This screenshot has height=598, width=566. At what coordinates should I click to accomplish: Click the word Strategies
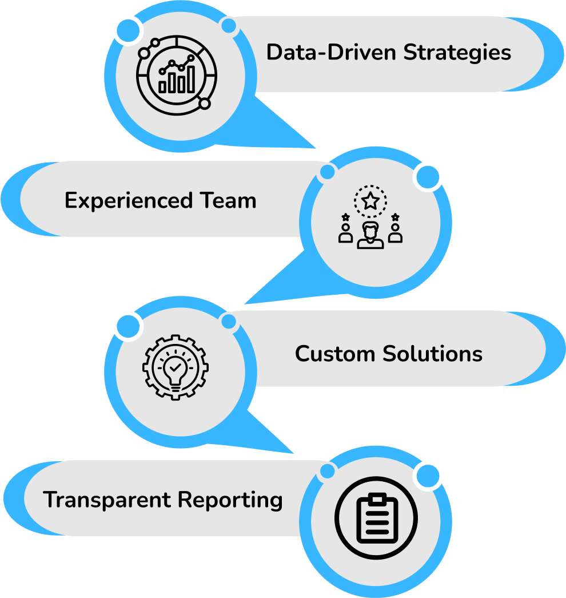tap(457, 53)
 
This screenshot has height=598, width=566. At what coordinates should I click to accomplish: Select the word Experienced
tap(129, 201)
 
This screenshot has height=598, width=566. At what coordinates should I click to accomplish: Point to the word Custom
tap(335, 354)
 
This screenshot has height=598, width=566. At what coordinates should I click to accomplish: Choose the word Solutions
tap(433, 354)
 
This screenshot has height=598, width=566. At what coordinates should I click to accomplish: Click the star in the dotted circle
tap(370, 201)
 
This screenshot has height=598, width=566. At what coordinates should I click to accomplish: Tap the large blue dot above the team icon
tap(427, 178)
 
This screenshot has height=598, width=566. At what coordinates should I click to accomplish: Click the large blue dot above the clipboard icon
tap(427, 476)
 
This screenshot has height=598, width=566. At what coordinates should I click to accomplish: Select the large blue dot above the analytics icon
tap(129, 29)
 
